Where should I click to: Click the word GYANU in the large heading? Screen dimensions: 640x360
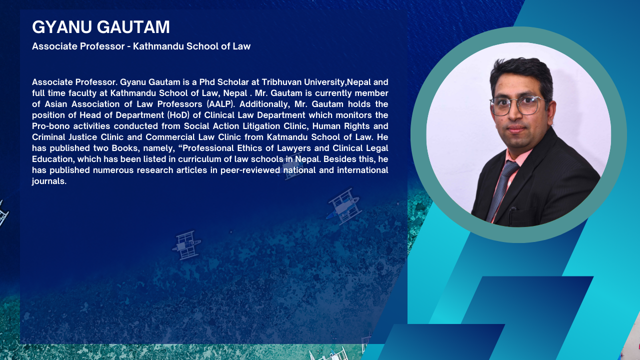coord(62,27)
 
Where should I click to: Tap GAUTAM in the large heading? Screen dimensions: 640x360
coord(133,27)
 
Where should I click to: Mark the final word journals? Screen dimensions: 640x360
coord(49,181)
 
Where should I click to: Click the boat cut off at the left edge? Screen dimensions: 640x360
coord(3,213)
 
